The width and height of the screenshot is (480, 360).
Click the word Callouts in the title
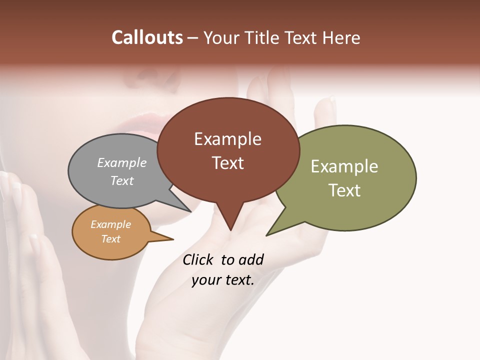147,37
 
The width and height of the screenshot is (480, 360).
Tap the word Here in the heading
341,38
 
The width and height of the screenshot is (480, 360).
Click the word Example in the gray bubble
122,162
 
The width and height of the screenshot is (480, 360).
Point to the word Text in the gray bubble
122,180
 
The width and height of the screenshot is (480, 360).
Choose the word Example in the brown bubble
227,139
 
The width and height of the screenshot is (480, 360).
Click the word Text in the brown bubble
228,162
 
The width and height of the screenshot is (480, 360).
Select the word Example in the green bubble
344,166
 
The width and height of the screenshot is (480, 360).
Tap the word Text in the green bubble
344,190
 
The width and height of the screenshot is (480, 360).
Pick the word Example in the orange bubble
110,224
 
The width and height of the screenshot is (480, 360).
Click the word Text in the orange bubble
110,239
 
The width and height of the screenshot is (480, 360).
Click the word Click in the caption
199,259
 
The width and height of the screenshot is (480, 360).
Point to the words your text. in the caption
223,279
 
